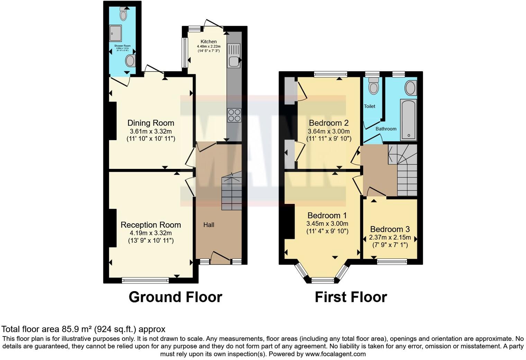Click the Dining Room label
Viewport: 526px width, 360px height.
coord(151,123)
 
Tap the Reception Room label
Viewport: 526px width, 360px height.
coord(151,225)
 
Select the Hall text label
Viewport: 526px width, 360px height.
coord(209,225)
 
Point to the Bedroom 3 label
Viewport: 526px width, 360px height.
coord(390,229)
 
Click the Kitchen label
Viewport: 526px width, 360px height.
coord(209,42)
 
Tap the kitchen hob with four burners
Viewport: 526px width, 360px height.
coord(234,115)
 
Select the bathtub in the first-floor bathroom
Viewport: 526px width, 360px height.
coord(408,120)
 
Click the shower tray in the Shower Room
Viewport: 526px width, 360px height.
coord(116,34)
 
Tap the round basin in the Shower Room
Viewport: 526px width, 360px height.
coord(130,61)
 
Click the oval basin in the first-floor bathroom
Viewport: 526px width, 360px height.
coord(411,88)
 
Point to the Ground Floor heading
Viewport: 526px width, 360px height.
coord(175,297)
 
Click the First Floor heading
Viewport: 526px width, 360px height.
coord(351,297)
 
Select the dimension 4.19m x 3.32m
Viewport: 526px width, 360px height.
coord(151,233)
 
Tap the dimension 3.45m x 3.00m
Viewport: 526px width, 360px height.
coord(327,224)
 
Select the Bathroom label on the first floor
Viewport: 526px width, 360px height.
coord(386,129)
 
